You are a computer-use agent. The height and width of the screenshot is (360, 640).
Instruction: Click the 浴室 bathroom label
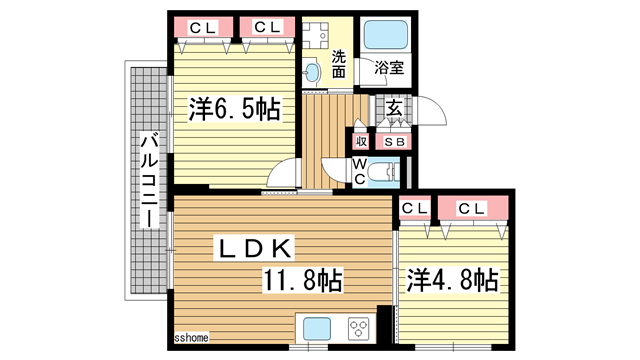(x=389, y=68)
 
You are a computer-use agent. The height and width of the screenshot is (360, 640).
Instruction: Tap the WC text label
(x=359, y=172)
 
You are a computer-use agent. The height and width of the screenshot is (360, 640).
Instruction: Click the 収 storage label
(x=360, y=142)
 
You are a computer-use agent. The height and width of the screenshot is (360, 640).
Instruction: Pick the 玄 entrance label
(x=394, y=109)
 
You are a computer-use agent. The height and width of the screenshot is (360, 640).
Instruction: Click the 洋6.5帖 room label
(x=234, y=109)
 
